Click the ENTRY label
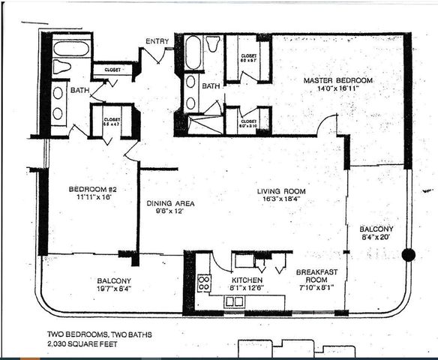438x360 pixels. (x=157, y=41)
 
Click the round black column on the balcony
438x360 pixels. (x=408, y=254)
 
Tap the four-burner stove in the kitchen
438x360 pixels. (x=202, y=283)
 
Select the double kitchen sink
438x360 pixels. (x=235, y=301)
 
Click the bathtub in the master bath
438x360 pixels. (x=192, y=52)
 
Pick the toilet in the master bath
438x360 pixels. (x=212, y=44)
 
